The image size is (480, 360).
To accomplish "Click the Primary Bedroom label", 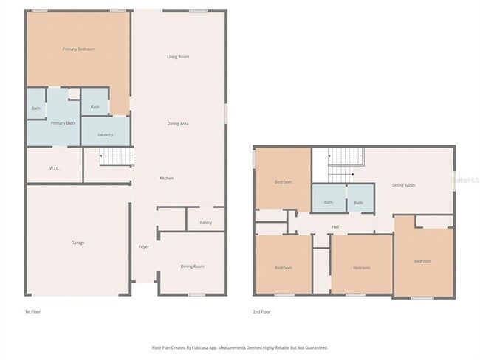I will click(x=78, y=49).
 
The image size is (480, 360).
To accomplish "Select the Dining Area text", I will click(x=178, y=123).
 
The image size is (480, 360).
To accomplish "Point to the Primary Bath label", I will click(x=63, y=123).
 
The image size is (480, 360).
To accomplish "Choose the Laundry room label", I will click(x=105, y=134).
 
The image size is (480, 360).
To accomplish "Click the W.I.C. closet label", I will click(x=55, y=168).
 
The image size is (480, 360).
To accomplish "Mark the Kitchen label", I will click(x=167, y=179).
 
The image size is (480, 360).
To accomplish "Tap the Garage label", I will click(x=78, y=243).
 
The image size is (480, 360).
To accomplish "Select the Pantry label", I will click(x=206, y=222).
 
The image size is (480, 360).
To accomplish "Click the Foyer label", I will click(x=144, y=246).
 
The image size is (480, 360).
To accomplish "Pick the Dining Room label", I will click(x=192, y=266).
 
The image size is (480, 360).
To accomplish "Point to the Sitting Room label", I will click(x=403, y=185).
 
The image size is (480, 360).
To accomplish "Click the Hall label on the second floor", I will click(x=335, y=226).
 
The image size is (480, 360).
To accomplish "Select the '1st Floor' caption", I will click(x=33, y=312).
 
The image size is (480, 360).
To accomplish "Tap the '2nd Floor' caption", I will click(x=261, y=312).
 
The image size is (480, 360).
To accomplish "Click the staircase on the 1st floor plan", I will click(x=117, y=156).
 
